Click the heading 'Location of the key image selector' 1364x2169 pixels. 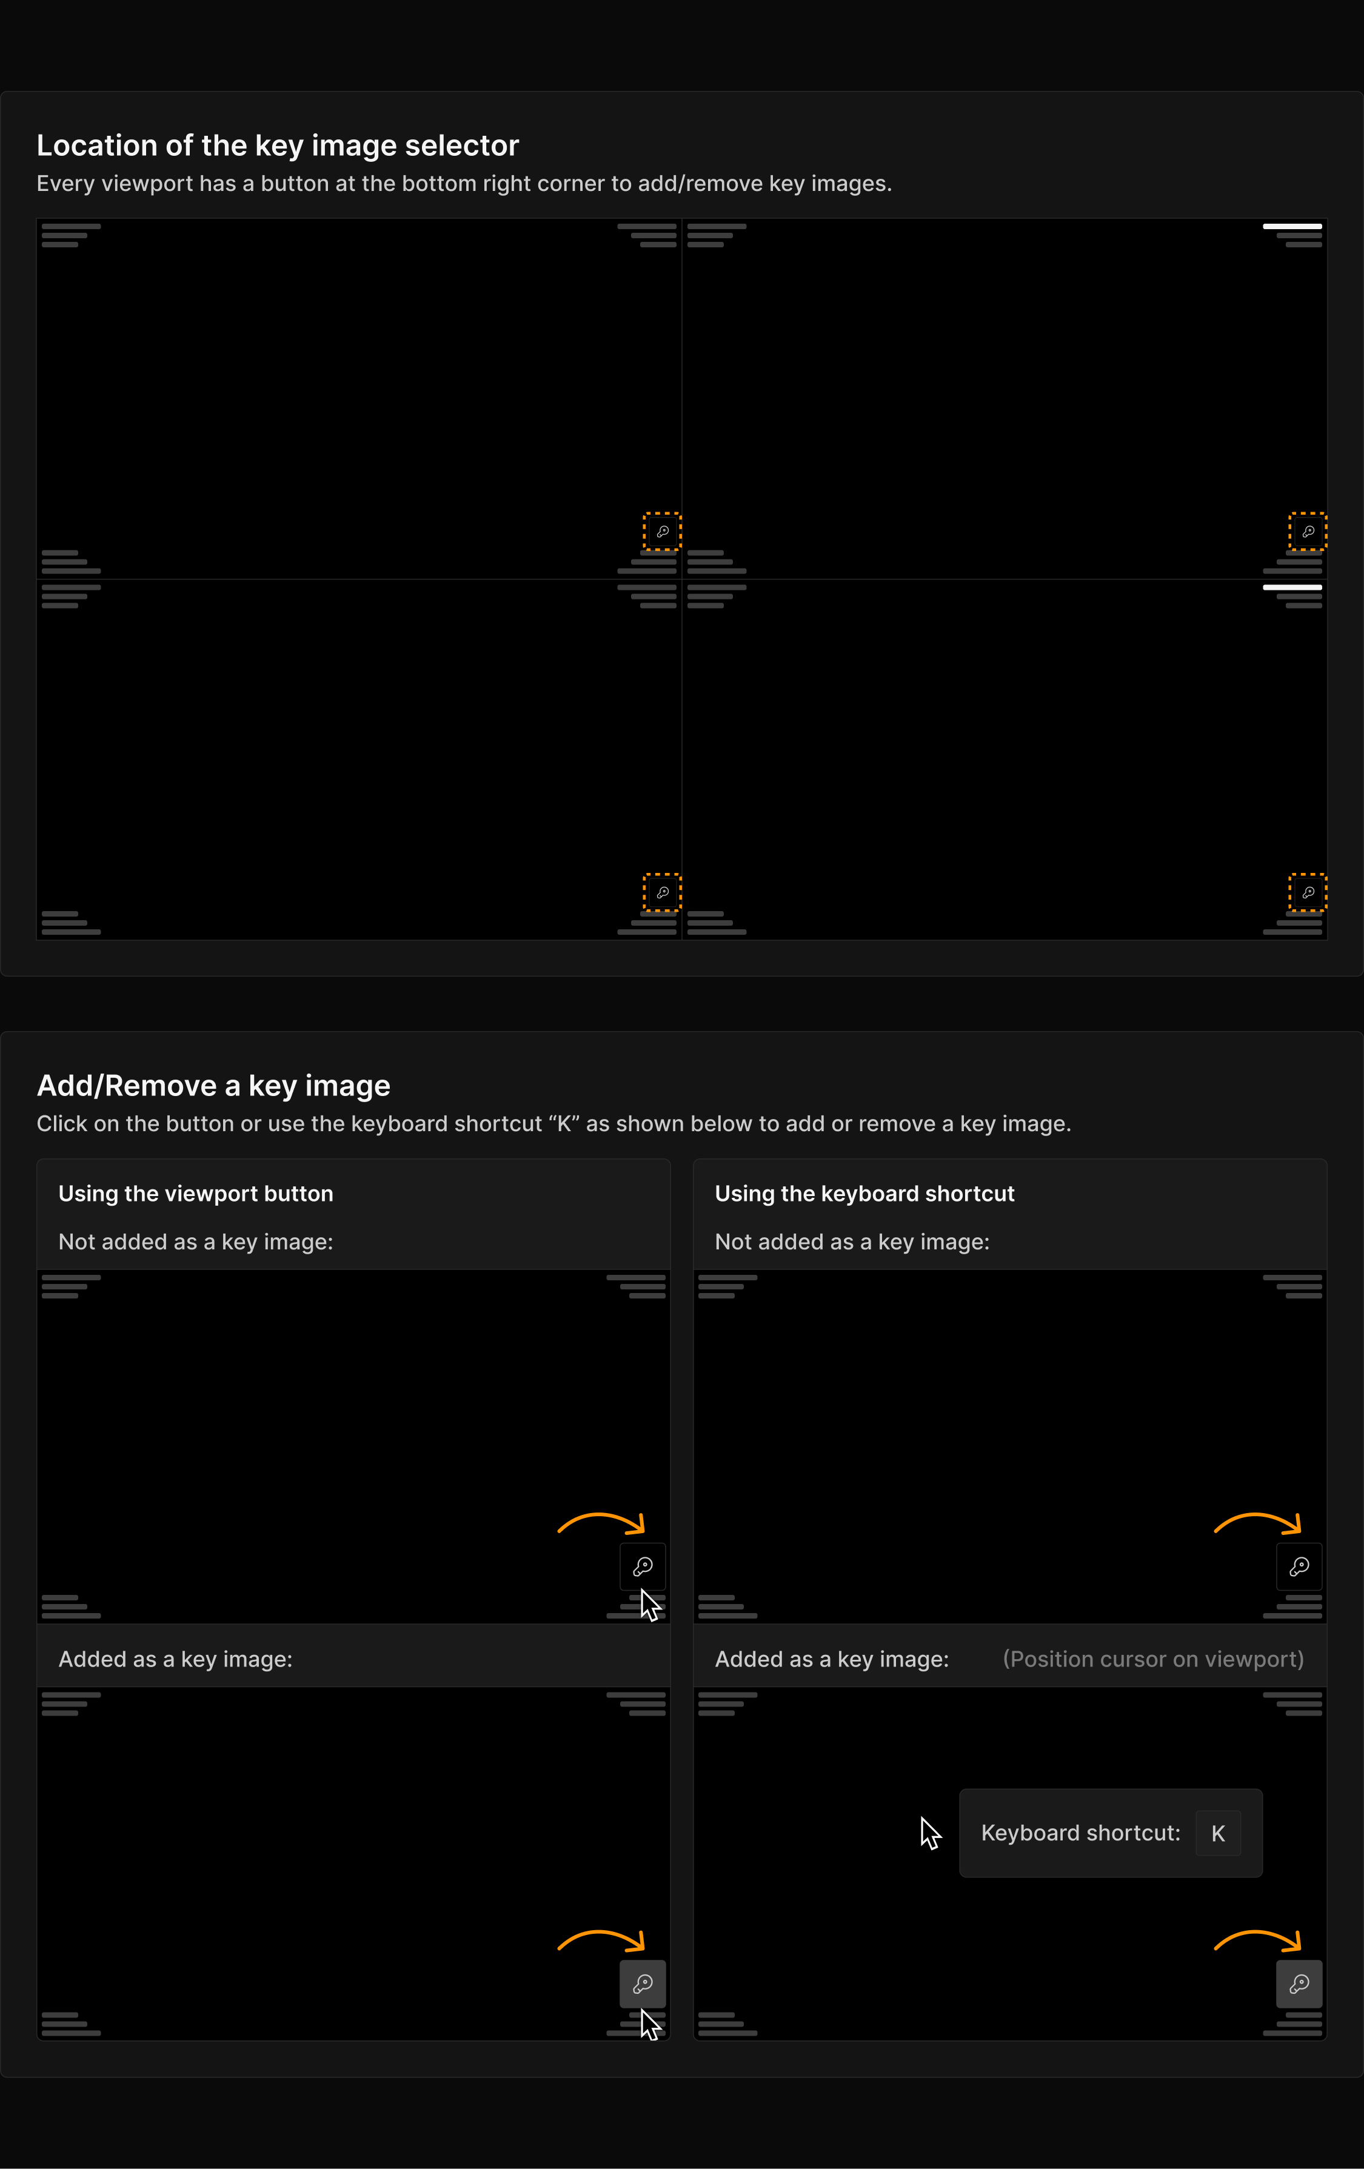coord(278,145)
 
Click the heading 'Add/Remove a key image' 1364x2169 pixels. coord(213,1085)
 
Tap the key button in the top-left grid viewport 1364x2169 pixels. coord(662,532)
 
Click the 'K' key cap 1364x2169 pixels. coord(1218,1833)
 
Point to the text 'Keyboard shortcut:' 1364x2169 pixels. coord(1080,1833)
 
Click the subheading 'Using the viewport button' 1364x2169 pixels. coord(195,1194)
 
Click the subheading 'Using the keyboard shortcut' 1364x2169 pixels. coord(864,1194)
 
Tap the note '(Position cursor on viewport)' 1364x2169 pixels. coord(1153,1659)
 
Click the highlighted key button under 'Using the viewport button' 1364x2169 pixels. coord(643,1984)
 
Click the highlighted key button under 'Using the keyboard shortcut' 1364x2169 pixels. coord(1299,1984)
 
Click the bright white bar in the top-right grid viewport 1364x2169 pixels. coord(1292,226)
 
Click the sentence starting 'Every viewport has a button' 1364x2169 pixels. coord(464,184)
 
